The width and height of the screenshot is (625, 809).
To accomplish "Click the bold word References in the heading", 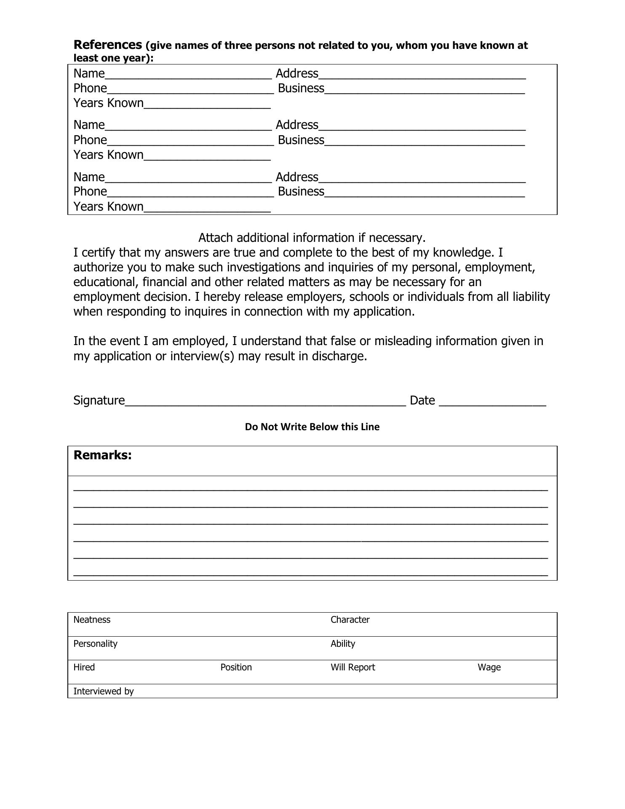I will [108, 45].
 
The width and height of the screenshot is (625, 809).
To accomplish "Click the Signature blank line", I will [265, 401].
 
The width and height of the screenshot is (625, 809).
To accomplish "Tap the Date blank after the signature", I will [492, 401].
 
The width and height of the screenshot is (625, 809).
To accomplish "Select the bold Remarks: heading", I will [102, 455].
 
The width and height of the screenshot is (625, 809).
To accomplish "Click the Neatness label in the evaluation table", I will [92, 619].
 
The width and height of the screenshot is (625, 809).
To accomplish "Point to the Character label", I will [350, 619].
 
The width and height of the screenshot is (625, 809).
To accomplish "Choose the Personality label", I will [95, 643].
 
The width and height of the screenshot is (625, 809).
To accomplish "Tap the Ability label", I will [343, 643].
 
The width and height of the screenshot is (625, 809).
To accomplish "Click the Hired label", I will [84, 667].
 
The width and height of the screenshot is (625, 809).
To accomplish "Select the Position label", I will [236, 667].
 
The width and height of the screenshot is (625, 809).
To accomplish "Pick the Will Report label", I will [353, 667].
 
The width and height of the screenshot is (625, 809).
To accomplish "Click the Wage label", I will [489, 667].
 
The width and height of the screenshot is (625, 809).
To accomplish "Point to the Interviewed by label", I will [104, 691].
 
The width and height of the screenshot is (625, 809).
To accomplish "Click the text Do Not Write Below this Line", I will [312, 427].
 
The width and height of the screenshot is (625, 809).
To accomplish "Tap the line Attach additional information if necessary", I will [312, 238].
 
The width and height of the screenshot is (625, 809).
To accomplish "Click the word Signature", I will [99, 400].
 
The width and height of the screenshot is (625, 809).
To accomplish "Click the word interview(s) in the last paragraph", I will [202, 356].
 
